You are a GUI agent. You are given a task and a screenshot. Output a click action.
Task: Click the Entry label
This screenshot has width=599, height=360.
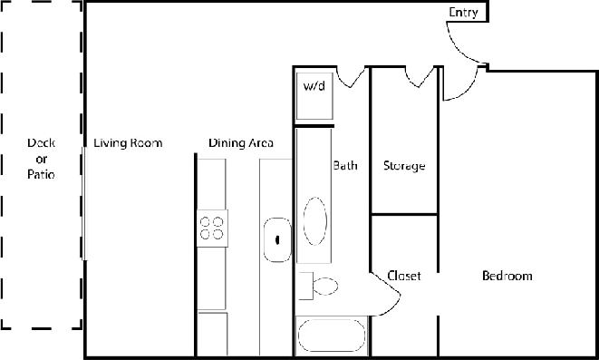tap(464, 12)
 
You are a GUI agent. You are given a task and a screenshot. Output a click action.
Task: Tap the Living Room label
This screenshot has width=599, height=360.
tap(128, 142)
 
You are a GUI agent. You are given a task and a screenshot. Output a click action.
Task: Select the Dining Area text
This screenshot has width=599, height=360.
tap(241, 142)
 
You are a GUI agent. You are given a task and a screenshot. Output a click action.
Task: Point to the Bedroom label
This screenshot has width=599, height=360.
tap(507, 276)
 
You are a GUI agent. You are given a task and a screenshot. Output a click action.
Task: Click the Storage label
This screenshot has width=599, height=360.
tap(404, 166)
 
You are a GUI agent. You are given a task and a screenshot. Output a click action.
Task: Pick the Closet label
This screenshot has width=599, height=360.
tap(403, 276)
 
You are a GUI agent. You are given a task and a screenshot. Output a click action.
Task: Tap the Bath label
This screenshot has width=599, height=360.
tap(345, 166)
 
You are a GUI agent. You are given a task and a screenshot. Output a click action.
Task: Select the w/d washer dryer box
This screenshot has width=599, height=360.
tap(314, 94)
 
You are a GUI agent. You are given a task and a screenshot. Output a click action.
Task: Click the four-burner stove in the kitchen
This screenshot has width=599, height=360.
tap(212, 227)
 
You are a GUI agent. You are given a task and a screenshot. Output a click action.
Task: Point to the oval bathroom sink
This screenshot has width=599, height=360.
tap(315, 220)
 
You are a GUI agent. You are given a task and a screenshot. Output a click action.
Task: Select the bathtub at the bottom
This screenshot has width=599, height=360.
tap(332, 335)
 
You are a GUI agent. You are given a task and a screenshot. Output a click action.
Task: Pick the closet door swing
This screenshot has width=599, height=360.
tap(387, 290)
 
